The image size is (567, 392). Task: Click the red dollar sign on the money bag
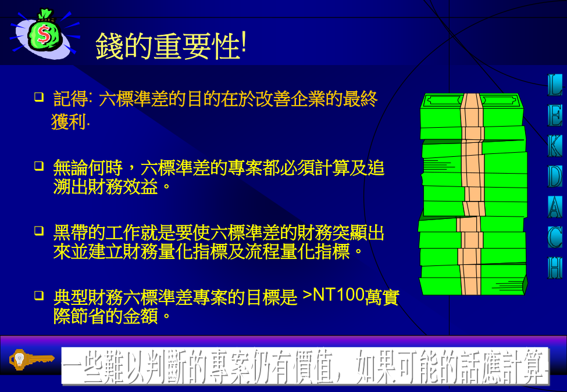click(x=44, y=34)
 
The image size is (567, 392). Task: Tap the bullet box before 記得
click(x=39, y=96)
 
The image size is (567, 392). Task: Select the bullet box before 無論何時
click(x=39, y=166)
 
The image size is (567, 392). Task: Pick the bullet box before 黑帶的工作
click(x=39, y=231)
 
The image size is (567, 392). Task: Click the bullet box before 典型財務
click(x=39, y=296)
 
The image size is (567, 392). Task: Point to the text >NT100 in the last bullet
click(x=333, y=294)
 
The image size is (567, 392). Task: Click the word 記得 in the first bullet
click(x=70, y=99)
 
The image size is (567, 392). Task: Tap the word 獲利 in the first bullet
click(x=69, y=121)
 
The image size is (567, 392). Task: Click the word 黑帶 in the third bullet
click(x=70, y=233)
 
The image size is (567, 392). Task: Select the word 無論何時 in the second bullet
click(x=88, y=168)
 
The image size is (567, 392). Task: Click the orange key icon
click(x=31, y=359)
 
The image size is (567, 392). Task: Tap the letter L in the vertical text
click(x=555, y=85)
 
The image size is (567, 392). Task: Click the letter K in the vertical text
click(x=555, y=146)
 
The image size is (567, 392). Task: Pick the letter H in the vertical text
click(x=555, y=268)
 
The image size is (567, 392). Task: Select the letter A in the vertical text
click(x=555, y=207)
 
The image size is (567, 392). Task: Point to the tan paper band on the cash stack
click(x=471, y=194)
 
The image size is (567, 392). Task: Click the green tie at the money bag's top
click(x=45, y=15)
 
